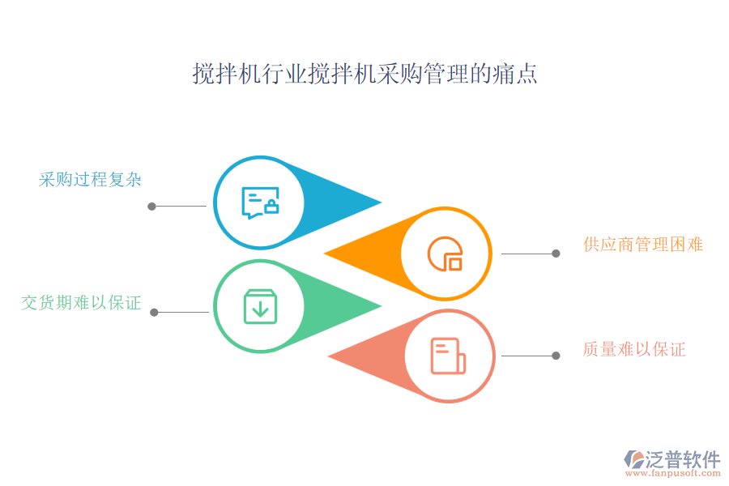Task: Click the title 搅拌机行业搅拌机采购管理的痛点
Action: pos(364,75)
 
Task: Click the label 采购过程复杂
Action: pos(90,180)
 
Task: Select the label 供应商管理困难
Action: pos(642,245)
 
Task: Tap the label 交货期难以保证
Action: pos(81,304)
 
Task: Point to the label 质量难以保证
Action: pos(633,350)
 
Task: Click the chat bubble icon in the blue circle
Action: pos(260,202)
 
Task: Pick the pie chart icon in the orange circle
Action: pos(446,254)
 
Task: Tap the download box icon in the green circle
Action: pos(260,306)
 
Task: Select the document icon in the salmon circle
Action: pos(448,356)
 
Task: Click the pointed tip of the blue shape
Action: pos(381,202)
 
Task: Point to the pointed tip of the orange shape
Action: pos(325,254)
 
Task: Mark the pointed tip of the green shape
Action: pos(381,306)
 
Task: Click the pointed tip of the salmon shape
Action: pos(328,356)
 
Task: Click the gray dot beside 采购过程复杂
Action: pos(151,206)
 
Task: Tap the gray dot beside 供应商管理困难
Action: pos(556,254)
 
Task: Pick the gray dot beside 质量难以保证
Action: pos(556,356)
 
